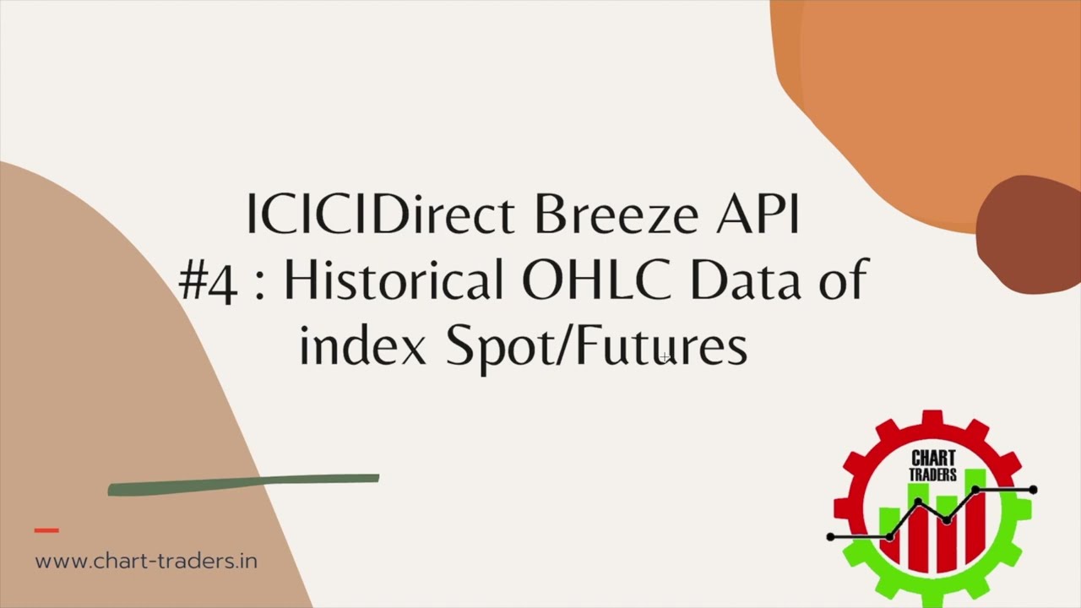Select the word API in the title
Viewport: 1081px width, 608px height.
point(758,215)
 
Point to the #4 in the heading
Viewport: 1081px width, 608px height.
point(208,281)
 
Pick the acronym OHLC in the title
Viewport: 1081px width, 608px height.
point(596,281)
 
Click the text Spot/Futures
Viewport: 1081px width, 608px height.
point(596,347)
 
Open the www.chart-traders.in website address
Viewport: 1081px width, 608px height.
point(146,561)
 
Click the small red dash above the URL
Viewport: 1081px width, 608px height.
point(46,530)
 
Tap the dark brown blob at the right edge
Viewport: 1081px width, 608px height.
point(1030,232)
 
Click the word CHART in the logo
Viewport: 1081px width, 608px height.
point(932,460)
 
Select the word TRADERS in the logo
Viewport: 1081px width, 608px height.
point(932,475)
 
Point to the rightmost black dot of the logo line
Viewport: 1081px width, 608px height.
point(1033,490)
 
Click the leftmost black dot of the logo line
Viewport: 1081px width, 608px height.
point(831,537)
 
